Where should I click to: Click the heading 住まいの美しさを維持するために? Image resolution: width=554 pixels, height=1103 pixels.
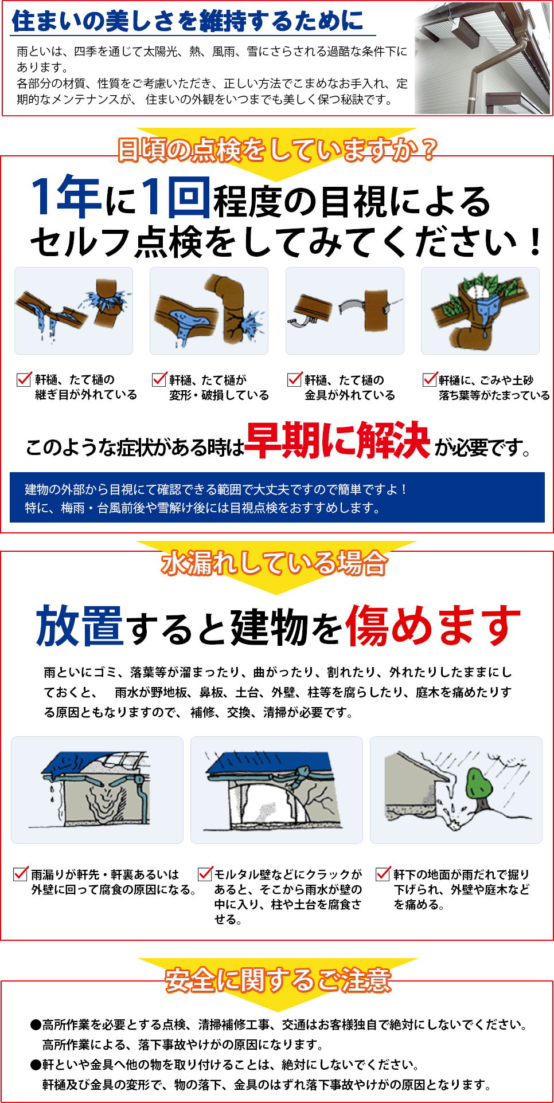coord(188,21)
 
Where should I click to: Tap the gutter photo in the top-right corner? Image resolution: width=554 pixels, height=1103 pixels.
coord(482,59)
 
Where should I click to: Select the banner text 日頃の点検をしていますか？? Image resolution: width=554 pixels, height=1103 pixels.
coord(277,150)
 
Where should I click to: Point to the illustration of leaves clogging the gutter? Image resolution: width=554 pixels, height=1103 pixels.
coord(480,311)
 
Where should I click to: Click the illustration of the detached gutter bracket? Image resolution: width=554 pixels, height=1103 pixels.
coord(345,311)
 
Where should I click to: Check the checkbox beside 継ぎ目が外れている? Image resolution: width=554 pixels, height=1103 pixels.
coord(24,379)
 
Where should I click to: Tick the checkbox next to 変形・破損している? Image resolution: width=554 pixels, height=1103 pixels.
coord(159,379)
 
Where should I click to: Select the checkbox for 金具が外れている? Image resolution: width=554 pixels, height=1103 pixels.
coord(294,379)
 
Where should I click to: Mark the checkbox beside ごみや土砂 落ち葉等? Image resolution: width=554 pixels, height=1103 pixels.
coord(430,379)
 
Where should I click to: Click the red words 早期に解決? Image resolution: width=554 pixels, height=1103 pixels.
coord(338,441)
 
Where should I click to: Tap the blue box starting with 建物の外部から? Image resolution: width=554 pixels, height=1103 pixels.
coord(277,497)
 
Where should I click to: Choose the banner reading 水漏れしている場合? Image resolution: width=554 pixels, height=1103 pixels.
coord(274,563)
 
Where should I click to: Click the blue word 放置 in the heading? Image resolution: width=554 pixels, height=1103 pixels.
coord(80,626)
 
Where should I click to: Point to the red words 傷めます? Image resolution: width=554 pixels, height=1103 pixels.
coord(433,626)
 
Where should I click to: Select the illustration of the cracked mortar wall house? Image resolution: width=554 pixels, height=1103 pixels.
coord(276,790)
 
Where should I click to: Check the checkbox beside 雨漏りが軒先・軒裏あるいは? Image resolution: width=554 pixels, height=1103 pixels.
coord(21,874)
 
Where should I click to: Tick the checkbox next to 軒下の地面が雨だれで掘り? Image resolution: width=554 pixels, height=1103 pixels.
coord(383,874)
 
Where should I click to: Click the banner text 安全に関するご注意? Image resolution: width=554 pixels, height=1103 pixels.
coord(278,980)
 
